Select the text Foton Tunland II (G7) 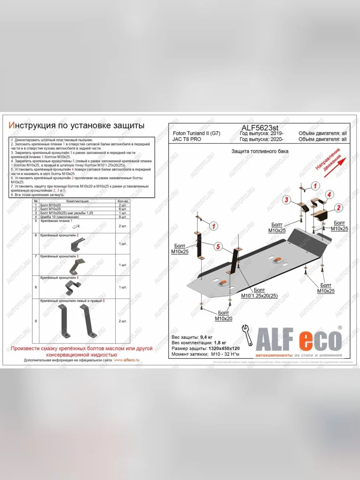point(196,133)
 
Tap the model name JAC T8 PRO point(187,139)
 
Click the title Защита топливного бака point(260,152)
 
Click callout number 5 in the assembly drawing point(218,247)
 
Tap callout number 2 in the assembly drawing point(338,207)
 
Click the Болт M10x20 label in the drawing point(224,316)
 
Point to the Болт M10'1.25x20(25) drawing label point(259,293)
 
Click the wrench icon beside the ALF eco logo point(247,336)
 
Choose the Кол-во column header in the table point(122,201)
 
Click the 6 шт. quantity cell point(123,209)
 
